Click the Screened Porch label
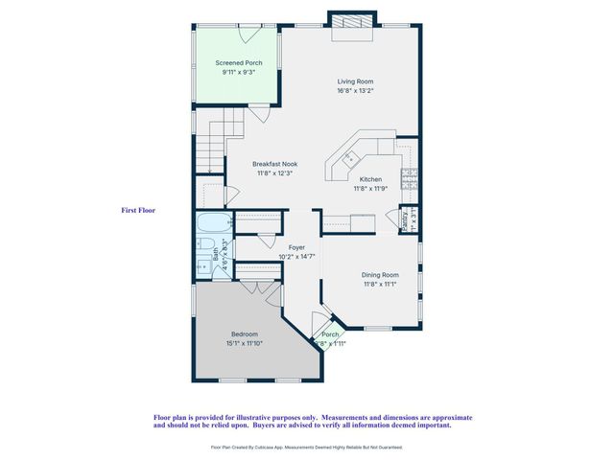(238, 63)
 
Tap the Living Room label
(354, 81)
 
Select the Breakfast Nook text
(274, 164)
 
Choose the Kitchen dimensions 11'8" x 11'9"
(371, 189)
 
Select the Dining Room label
(381, 274)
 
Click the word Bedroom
(244, 333)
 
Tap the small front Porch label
(330, 334)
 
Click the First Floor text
(138, 210)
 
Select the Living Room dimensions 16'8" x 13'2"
(354, 91)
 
